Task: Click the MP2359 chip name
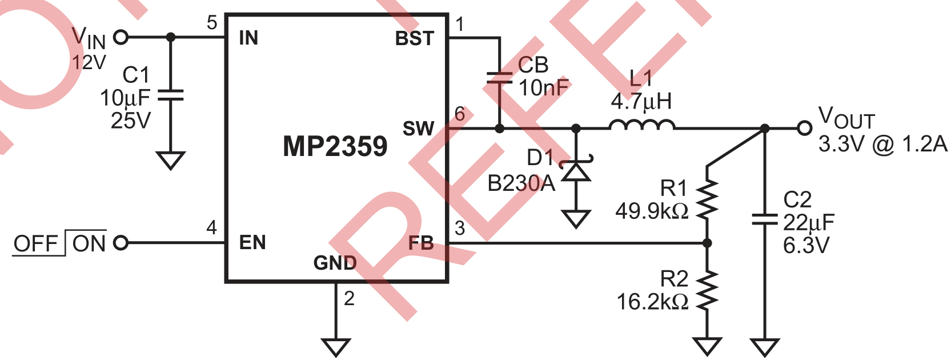[335, 146]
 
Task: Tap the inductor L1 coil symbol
[642, 125]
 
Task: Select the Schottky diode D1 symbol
[576, 171]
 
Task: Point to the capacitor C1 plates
[170, 95]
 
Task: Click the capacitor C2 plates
[765, 219]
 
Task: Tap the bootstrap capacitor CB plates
[499, 78]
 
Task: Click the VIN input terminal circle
[121, 37]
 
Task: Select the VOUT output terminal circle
[804, 129]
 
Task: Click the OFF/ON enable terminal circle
[121, 243]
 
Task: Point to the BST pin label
[415, 38]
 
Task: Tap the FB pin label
[421, 243]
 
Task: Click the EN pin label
[252, 242]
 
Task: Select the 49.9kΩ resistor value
[652, 211]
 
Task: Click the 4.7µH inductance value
[641, 102]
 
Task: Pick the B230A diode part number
[521, 183]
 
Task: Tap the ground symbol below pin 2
[335, 346]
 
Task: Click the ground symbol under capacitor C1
[170, 160]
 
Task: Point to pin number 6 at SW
[460, 114]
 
